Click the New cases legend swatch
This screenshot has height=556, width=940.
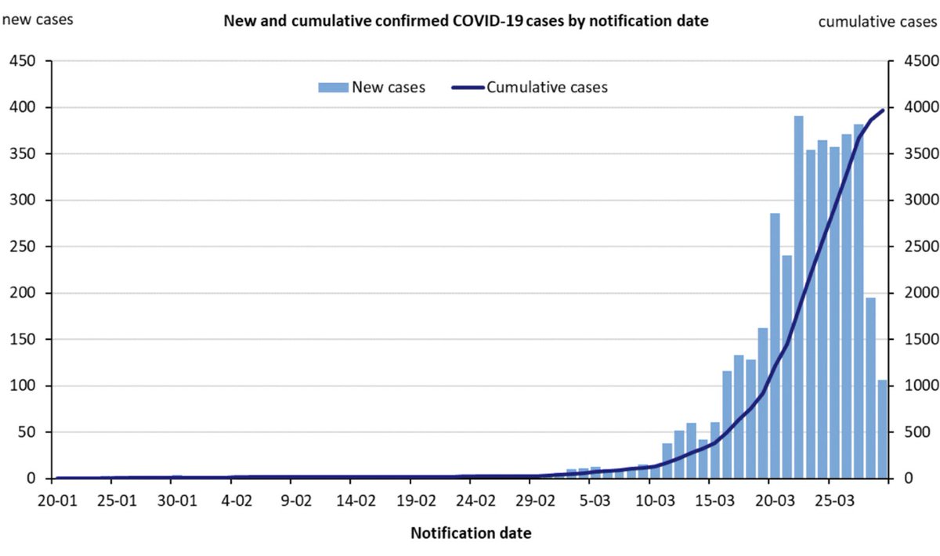[333, 88]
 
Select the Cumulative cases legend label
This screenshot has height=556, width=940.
[547, 88]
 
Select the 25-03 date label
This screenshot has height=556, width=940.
[833, 500]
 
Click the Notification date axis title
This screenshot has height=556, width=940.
[471, 534]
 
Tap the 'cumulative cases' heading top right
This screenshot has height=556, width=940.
[877, 21]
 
